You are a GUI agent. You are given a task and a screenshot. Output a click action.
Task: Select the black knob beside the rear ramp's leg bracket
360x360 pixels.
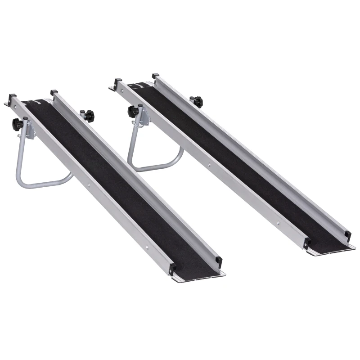pyautogui.click(x=133, y=111)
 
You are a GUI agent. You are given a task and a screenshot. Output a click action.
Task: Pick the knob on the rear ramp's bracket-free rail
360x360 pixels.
pyautogui.click(x=196, y=101)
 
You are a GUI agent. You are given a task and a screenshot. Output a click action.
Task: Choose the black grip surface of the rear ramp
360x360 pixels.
pyautogui.click(x=243, y=162)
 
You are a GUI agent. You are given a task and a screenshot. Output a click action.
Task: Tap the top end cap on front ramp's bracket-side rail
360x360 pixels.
pyautogui.click(x=12, y=97)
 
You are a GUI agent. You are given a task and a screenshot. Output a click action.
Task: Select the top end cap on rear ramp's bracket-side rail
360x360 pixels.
pyautogui.click(x=118, y=82)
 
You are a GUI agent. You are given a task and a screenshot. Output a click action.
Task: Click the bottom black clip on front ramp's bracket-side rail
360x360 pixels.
pyautogui.click(x=173, y=269)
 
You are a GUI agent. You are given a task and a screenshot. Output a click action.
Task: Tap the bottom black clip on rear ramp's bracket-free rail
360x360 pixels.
pyautogui.click(x=347, y=235)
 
